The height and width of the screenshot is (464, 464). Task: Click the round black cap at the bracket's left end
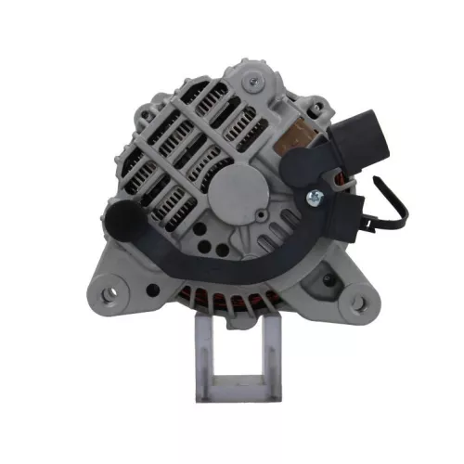coord(120,222)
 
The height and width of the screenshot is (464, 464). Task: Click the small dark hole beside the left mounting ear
coord(141,275)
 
